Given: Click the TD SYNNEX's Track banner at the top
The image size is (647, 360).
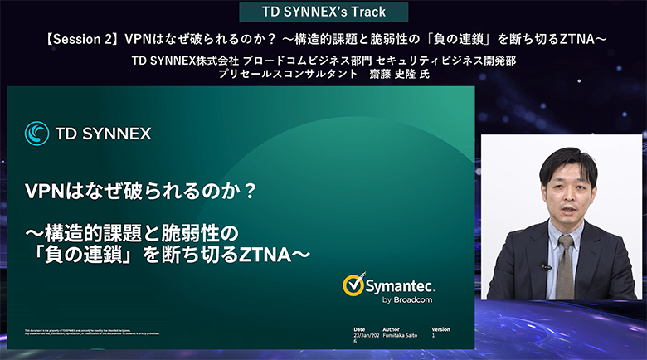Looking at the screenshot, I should [x=323, y=12].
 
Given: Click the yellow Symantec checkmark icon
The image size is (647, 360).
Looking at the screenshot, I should [x=354, y=285].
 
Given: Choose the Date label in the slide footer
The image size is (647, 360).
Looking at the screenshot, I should [x=359, y=329].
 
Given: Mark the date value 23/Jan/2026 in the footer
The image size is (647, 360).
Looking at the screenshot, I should [x=365, y=337].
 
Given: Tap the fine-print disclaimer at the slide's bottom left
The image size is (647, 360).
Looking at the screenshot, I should [x=91, y=332].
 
